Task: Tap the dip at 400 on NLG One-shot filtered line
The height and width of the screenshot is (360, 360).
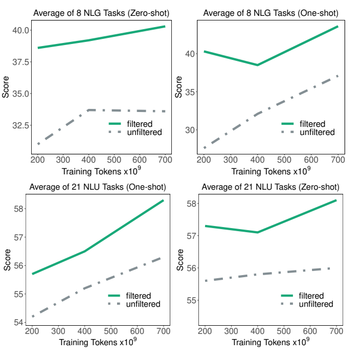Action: pyautogui.click(x=257, y=65)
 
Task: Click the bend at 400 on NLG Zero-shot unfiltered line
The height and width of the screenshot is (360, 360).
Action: pyautogui.click(x=89, y=110)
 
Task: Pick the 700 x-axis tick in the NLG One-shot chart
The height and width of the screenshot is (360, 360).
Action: pyautogui.click(x=337, y=159)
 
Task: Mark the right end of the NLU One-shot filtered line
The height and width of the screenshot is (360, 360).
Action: pyautogui.click(x=163, y=200)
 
